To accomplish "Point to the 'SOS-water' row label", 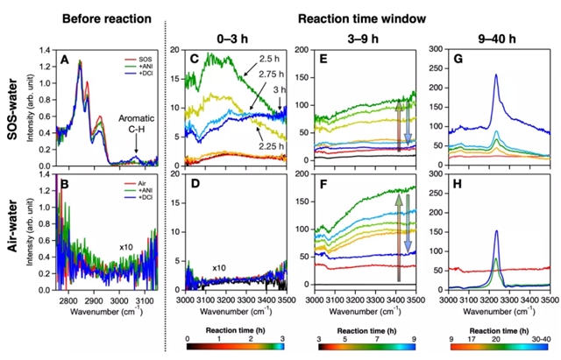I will (x=11, y=103).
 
